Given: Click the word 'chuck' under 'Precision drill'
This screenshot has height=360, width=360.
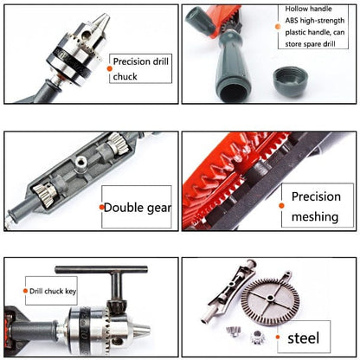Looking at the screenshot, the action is pos(125,77).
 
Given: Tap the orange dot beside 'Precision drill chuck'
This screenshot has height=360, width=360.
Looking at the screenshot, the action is pos(109,68).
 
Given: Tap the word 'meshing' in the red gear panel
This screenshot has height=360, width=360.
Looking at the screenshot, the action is pos(315,217).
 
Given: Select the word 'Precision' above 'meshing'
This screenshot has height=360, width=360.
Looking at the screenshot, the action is pos(316,196).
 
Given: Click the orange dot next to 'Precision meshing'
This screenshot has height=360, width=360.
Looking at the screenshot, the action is pos(281,206).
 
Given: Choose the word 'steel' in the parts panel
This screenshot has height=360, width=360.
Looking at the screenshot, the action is pos(304,338).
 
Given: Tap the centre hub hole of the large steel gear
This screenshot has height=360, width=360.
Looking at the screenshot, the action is pos(270,298).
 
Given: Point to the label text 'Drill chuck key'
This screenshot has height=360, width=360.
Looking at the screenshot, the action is pos(53,292).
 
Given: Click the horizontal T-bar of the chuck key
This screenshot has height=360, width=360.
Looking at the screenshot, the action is pos(101,270).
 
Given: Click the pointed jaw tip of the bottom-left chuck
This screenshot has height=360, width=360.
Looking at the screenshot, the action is pos(147,329).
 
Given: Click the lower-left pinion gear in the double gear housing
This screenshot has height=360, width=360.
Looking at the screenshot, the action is pos(45,194).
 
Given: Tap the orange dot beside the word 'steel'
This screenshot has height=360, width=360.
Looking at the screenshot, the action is pos(278,337).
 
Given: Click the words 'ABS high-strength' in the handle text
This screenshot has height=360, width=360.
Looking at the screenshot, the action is pos(315,21).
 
